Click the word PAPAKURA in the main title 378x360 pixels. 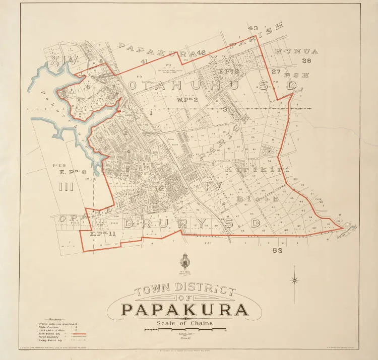[184, 309]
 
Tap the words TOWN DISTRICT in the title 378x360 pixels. [184, 291]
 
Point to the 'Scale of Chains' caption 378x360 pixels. [184, 323]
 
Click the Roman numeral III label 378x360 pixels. [66, 188]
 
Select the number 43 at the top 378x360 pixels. [253, 28]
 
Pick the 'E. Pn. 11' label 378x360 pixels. [103, 234]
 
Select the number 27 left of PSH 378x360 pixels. [275, 71]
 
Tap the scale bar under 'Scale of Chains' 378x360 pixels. [184, 330]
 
